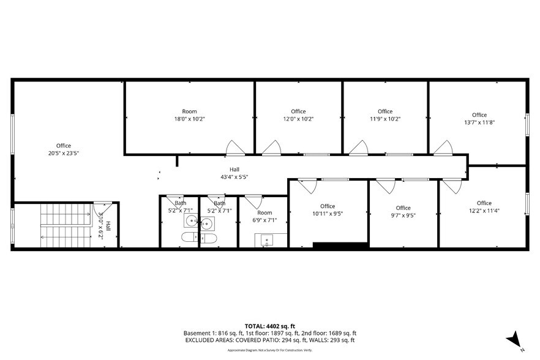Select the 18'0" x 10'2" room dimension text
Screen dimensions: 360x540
[x=189, y=119]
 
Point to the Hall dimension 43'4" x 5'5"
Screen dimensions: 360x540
[x=234, y=177]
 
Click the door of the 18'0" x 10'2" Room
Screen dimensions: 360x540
[x=234, y=148]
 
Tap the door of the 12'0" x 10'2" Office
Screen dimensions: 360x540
[x=271, y=148]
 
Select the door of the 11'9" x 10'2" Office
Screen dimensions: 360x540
[x=359, y=148]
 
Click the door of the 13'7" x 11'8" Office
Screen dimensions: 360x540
[x=443, y=148]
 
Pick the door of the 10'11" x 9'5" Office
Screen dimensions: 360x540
[x=307, y=185]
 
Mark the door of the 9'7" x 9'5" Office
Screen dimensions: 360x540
[x=386, y=185]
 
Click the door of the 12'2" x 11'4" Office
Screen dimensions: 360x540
[x=451, y=185]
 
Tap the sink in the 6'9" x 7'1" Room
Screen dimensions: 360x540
[x=267, y=239]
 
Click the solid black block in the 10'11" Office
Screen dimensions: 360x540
[x=340, y=245]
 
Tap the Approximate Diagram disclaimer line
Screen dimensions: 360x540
[x=269, y=350]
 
